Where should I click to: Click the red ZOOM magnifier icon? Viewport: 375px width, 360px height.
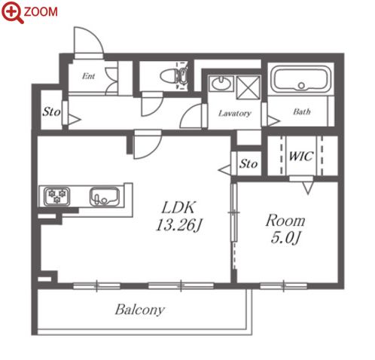(12, 12)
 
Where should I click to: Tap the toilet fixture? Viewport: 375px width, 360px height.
(174, 75)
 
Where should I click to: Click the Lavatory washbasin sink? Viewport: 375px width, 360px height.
(221, 84)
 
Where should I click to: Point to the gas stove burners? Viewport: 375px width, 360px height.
(57, 197)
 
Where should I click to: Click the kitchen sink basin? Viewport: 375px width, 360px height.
(105, 197)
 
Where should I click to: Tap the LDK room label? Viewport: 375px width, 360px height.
(178, 207)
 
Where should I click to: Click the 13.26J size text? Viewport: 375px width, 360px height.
(178, 225)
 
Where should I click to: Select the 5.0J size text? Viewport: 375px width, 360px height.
(285, 237)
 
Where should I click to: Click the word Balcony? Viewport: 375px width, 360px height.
(140, 310)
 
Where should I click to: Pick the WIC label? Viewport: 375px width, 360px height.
(301, 156)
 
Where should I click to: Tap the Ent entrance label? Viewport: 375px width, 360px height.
(88, 76)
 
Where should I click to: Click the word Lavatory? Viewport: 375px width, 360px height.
(234, 113)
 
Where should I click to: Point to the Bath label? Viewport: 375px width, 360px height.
(302, 111)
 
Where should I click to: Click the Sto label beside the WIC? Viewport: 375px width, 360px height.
(248, 164)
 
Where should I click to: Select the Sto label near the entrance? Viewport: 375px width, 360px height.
(51, 111)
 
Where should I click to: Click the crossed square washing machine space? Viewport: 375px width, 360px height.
(248, 88)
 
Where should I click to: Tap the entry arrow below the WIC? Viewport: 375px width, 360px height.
(308, 188)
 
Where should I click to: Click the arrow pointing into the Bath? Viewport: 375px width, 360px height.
(273, 121)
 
